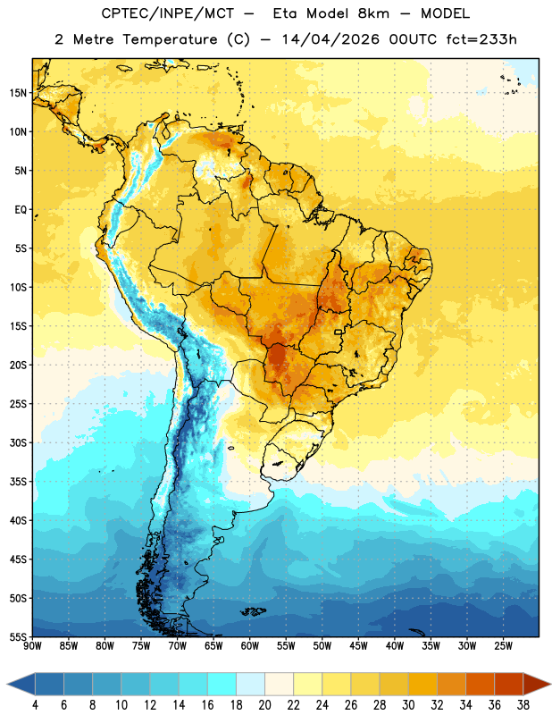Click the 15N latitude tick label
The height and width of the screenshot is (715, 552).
pos(18,93)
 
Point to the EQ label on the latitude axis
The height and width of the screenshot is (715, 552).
pos(21,210)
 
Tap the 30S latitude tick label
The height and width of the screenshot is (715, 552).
pos(18,442)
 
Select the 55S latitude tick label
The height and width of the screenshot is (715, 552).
pos(18,637)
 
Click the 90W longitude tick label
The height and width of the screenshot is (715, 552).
pos(33,646)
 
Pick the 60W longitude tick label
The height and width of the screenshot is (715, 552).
pos(250,646)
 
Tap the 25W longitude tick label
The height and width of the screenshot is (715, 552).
pos(503,646)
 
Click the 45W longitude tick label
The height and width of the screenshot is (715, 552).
pos(358,646)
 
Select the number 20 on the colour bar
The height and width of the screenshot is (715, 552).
pos(264,705)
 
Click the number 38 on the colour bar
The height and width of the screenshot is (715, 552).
pos(523,705)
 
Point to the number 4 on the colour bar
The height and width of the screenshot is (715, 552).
pos(35,705)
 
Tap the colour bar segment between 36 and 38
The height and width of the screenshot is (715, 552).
pos(509,684)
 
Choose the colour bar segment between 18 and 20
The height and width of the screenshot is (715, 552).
pos(250,684)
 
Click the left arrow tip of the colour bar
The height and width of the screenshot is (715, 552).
pos(7,684)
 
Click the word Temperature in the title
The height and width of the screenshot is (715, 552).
pos(170,40)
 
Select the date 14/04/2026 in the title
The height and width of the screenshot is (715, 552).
pos(330,39)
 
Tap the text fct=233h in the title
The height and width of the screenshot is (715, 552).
pos(481,39)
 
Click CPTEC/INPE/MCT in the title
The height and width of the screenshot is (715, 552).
pos(167,13)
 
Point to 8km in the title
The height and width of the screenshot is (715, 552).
pos(373,13)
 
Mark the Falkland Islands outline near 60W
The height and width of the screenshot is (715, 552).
pos(253,611)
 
